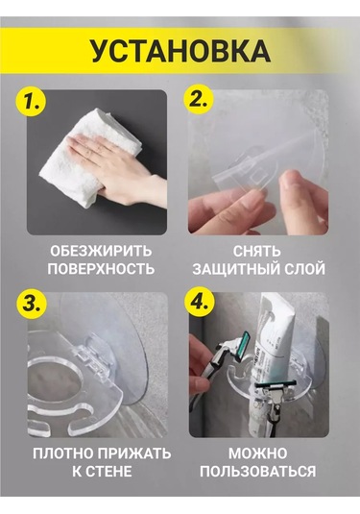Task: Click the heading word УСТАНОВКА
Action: click(x=180, y=51)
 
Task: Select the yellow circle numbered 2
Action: click(x=199, y=99)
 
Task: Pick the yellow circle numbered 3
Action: click(x=32, y=304)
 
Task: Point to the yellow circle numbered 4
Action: click(x=199, y=302)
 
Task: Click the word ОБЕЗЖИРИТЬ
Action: click(x=101, y=252)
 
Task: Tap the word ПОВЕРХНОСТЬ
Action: click(x=101, y=269)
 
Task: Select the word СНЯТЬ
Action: click(x=257, y=252)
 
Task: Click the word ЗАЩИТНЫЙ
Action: click(x=236, y=269)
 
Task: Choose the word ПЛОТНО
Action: click(x=62, y=454)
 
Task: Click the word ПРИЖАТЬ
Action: click(x=134, y=454)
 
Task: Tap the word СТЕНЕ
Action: click(x=110, y=472)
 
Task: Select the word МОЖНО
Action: click(x=258, y=454)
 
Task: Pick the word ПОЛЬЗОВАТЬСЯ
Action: click(x=258, y=472)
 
